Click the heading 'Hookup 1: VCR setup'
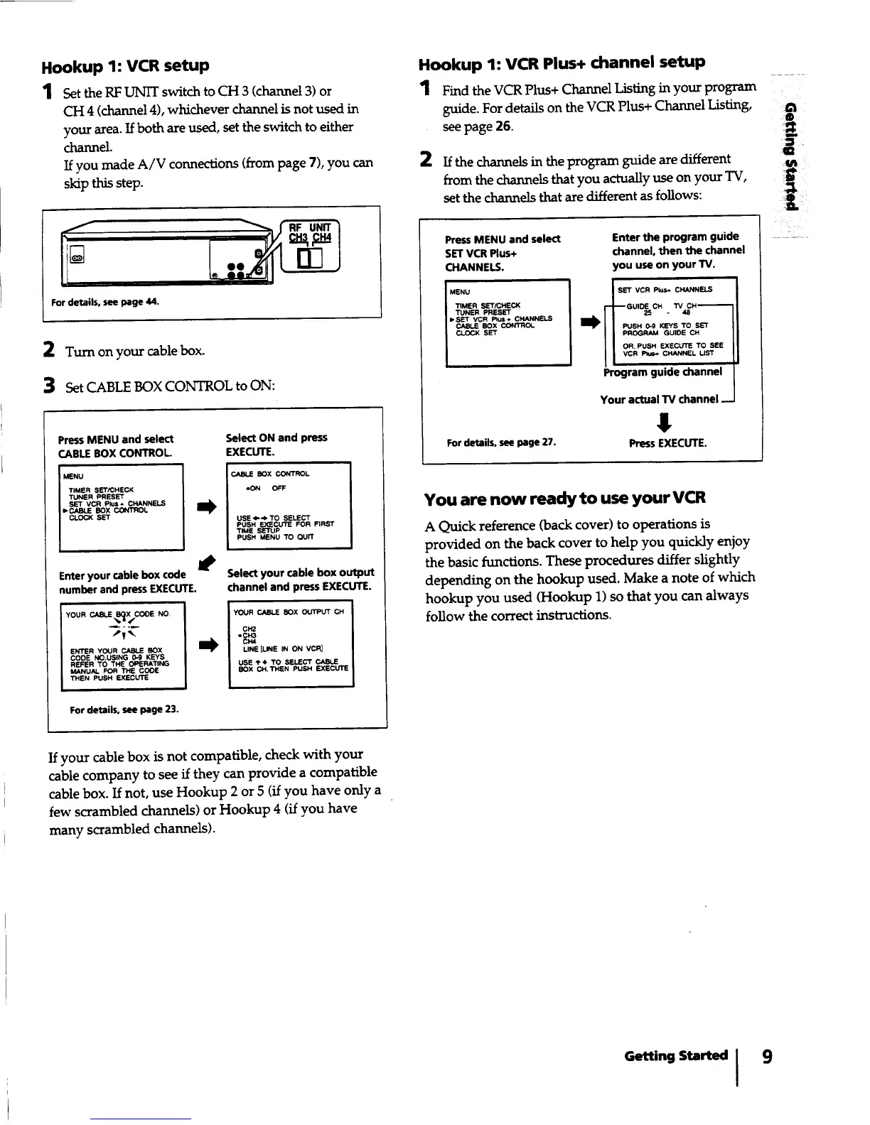click(x=125, y=67)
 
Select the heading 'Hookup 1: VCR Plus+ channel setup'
click(x=562, y=63)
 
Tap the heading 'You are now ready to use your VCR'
click(x=564, y=498)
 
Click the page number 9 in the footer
click(x=767, y=1056)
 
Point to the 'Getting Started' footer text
click(x=675, y=1056)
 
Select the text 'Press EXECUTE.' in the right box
click(x=667, y=443)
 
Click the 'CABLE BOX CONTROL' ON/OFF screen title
click(x=270, y=474)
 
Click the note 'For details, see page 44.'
click(x=105, y=302)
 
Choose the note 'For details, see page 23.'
click(x=124, y=710)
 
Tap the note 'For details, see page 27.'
click(x=500, y=443)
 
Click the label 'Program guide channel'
click(x=662, y=372)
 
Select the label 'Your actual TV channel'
click(x=659, y=399)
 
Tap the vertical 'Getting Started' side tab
click(x=790, y=156)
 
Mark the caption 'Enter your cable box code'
click(x=122, y=575)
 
